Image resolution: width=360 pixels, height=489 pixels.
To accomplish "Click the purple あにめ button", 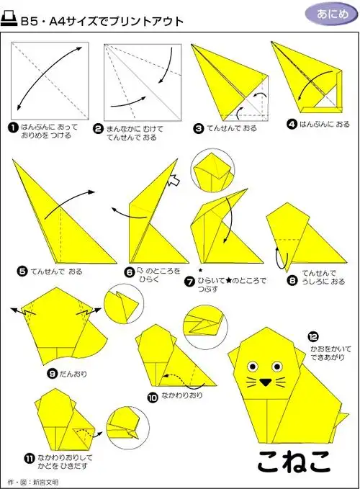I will [328, 14].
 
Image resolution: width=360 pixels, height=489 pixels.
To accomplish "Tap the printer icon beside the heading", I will [11, 21].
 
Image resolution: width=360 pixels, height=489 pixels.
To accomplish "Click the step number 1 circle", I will [13, 127].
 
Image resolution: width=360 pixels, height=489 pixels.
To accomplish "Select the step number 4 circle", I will [291, 124].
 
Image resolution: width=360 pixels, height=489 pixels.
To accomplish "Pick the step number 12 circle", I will [312, 336].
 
